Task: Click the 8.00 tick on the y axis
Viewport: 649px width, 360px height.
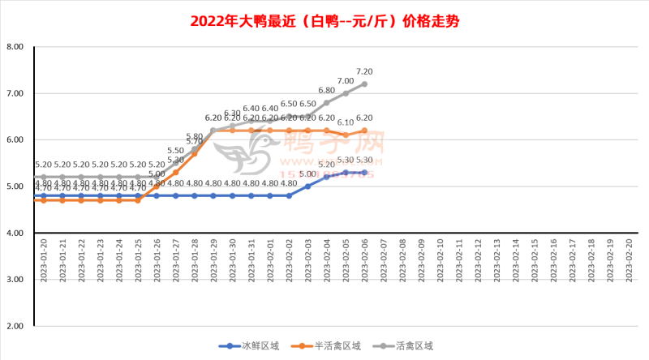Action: tap(15, 47)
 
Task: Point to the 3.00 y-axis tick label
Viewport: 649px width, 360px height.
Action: tap(15, 280)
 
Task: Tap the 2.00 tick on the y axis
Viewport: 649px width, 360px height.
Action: tap(15, 326)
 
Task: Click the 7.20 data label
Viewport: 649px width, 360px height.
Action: tap(364, 71)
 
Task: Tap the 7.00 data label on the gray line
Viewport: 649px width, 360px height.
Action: tap(346, 81)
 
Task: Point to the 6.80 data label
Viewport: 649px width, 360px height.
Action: tap(327, 91)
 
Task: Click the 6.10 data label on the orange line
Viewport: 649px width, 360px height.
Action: tap(346, 122)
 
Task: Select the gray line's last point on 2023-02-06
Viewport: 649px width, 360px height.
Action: tap(364, 84)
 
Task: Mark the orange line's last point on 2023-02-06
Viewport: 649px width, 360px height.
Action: tap(364, 131)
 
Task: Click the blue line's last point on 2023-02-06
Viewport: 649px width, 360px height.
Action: tap(364, 172)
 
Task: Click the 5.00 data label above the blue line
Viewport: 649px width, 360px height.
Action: tap(308, 174)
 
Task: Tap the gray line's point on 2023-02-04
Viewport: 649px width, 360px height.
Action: tap(327, 102)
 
